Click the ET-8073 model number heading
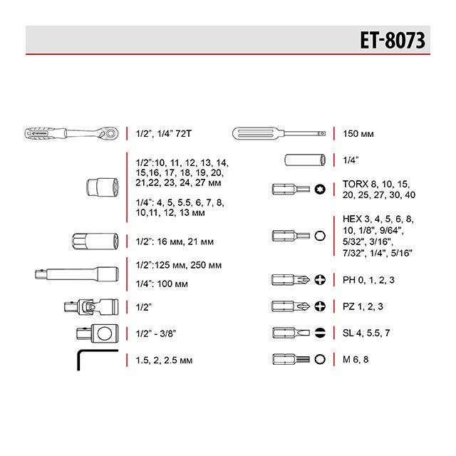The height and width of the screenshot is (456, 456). click(x=392, y=41)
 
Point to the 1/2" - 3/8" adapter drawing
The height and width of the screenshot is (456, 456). click(x=97, y=333)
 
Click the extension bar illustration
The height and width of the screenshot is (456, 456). click(x=75, y=272)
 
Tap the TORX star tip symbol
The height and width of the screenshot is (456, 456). click(x=320, y=189)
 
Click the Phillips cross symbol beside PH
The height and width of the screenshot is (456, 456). click(x=320, y=279)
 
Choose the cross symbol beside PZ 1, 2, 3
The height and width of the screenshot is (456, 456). click(x=320, y=306)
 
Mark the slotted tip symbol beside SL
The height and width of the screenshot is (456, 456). click(x=320, y=333)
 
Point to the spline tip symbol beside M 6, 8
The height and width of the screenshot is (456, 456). click(x=320, y=359)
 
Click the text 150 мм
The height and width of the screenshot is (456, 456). click(x=359, y=133)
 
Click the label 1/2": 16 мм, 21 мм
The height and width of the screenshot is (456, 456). click(x=174, y=241)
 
